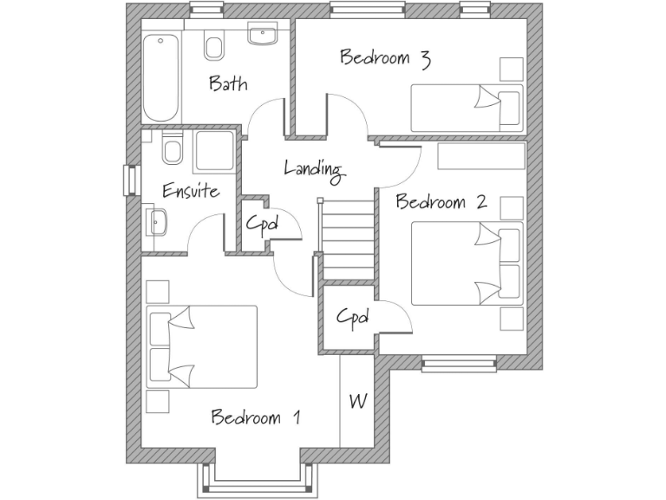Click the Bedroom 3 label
[386, 58]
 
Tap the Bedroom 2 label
[441, 202]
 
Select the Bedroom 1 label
[256, 418]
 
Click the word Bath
[227, 84]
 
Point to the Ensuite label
[191, 191]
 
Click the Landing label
[314, 168]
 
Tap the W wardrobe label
[356, 402]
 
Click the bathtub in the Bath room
[160, 78]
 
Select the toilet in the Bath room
[212, 44]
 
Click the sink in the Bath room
[261, 36]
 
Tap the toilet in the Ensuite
[172, 149]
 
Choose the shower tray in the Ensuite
[213, 150]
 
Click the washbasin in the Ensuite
[157, 221]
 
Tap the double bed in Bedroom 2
[467, 263]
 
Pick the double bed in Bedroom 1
[202, 345]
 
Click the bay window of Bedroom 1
[255, 477]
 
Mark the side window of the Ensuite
[131, 180]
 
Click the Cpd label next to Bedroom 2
[353, 318]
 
